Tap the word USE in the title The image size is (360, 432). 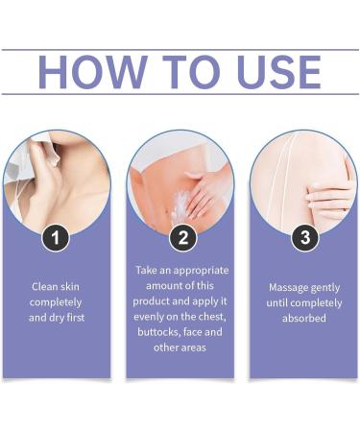point(279,72)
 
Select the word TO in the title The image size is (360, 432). point(192,72)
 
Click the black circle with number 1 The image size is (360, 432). point(56,238)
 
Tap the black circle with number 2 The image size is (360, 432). point(182,238)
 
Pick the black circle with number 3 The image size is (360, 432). point(305,238)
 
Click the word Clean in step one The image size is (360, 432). point(43,286)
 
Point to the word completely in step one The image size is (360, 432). point(56,302)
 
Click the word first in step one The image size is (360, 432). point(76,318)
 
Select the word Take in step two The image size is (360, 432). point(146,270)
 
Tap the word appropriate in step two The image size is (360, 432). point(202,271)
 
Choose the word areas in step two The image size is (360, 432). point(193,348)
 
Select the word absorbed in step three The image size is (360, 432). point(304,318)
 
